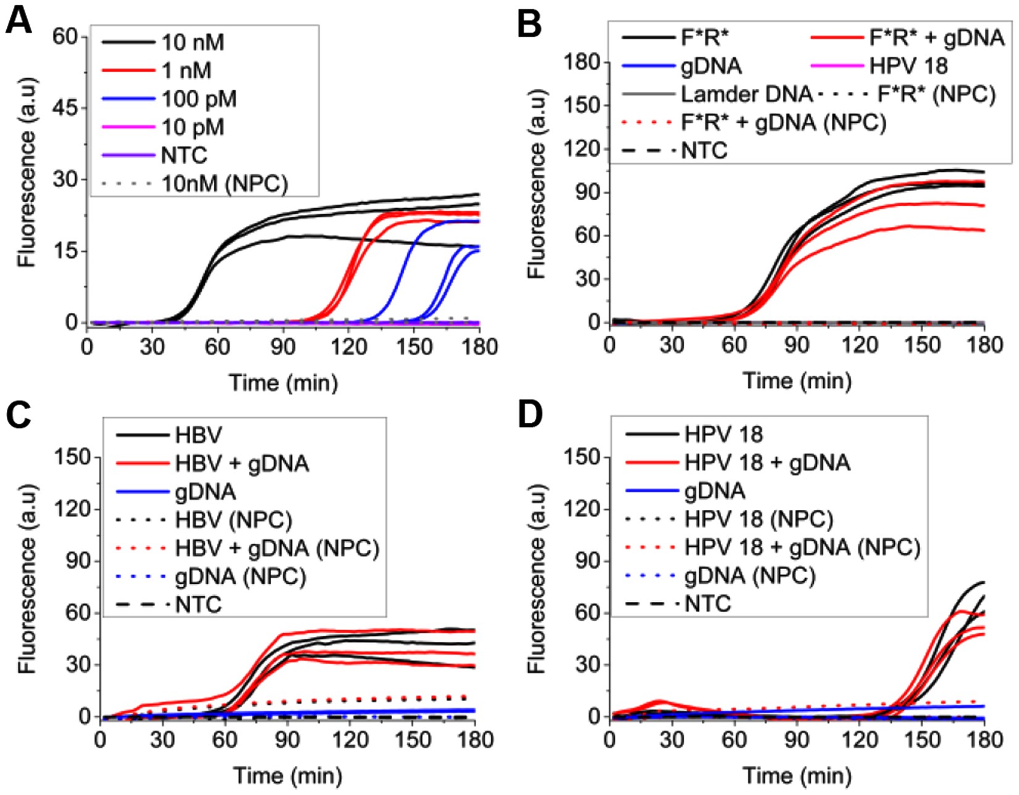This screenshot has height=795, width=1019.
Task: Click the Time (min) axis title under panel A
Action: pyautogui.click(x=283, y=383)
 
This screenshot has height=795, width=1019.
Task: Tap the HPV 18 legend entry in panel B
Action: pyautogui.click(x=908, y=66)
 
